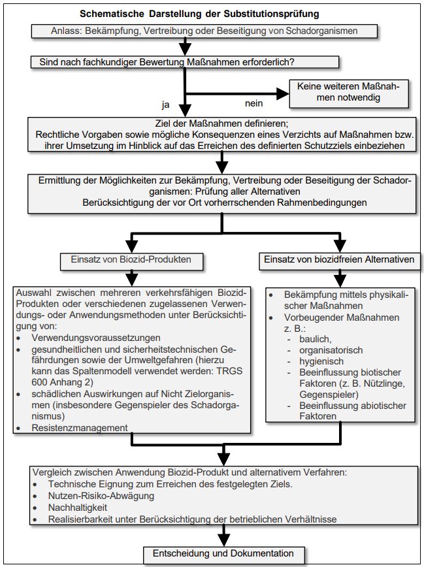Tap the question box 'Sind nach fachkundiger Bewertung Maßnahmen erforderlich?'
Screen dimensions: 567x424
click(x=184, y=63)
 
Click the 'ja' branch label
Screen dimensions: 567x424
click(x=166, y=104)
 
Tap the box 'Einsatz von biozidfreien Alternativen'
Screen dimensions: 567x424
click(x=338, y=259)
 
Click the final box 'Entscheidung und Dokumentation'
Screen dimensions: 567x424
click(x=223, y=553)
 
